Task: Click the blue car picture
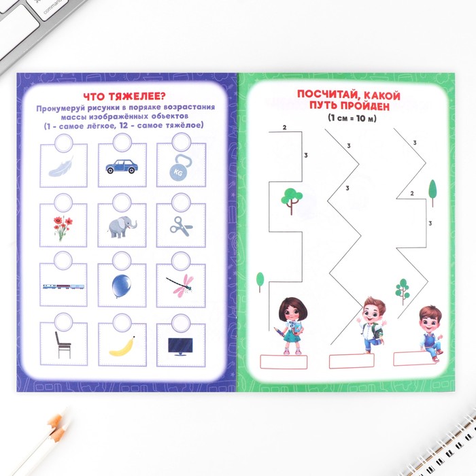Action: [x=122, y=167]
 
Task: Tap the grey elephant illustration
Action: [x=122, y=226]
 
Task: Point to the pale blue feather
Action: [x=62, y=167]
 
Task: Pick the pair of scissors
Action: [x=182, y=226]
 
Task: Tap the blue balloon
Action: [x=121, y=286]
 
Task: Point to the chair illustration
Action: [x=63, y=345]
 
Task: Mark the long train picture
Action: [x=63, y=286]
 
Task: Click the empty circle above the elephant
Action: [x=122, y=203]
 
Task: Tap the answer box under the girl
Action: [x=284, y=362]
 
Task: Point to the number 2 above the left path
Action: [x=284, y=128]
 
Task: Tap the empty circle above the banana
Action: [x=122, y=323]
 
